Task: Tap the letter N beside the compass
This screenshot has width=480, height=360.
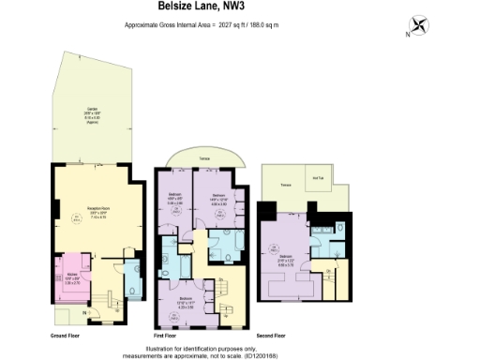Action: point(406,35)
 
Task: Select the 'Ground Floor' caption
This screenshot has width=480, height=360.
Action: point(65,334)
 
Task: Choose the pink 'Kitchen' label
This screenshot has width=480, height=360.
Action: point(72,274)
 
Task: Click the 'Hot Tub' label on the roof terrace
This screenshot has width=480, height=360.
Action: point(316,179)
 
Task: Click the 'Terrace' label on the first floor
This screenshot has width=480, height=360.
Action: point(203,159)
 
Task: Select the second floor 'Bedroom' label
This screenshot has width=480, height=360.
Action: point(285,255)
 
